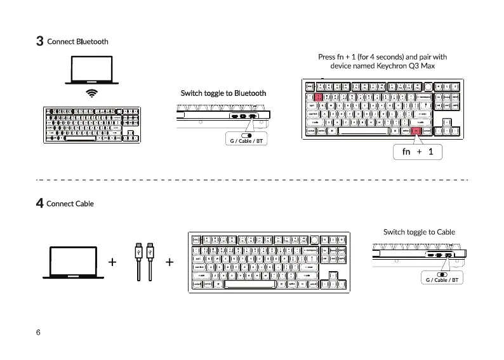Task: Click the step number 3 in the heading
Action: pyautogui.click(x=39, y=42)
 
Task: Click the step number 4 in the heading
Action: pyautogui.click(x=39, y=204)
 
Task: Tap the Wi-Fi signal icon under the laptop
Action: pyautogui.click(x=93, y=93)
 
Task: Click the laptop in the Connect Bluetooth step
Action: pyautogui.click(x=91, y=70)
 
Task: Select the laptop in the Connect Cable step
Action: pyautogui.click(x=74, y=262)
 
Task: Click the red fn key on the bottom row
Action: pyautogui.click(x=416, y=131)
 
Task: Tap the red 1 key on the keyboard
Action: pyautogui.click(x=319, y=97)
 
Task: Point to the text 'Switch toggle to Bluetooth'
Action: pyautogui.click(x=223, y=93)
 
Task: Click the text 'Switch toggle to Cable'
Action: pyautogui.click(x=419, y=232)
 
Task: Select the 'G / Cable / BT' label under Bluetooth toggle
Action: pyautogui.click(x=246, y=140)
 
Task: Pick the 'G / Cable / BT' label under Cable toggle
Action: pyautogui.click(x=442, y=279)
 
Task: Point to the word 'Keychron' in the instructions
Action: pyautogui.click(x=394, y=66)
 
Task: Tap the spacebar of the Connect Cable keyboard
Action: pyautogui.click(x=249, y=284)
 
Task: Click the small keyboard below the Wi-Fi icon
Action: pyautogui.click(x=91, y=124)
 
